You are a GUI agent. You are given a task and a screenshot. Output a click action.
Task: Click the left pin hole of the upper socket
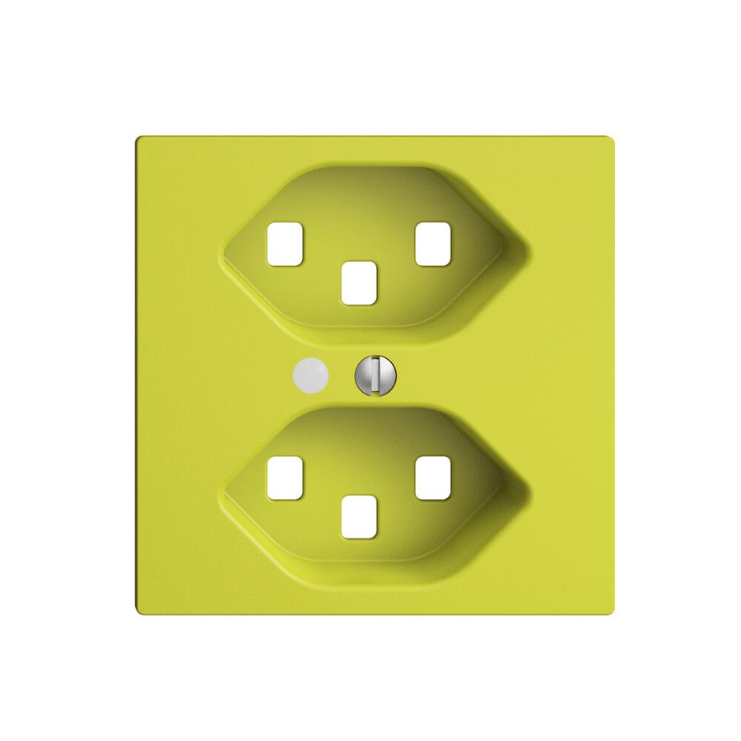coord(285,244)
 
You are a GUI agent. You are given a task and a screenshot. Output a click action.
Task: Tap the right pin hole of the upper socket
coord(432,244)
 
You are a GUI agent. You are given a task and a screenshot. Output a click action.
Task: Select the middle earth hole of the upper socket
coord(359,282)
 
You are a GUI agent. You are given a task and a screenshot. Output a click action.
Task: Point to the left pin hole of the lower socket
coord(285,478)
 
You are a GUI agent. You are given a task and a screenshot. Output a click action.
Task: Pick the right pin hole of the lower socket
coord(432,478)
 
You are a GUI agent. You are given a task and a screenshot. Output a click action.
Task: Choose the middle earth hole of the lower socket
coord(359,517)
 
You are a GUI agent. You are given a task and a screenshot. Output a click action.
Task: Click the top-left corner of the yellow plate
coord(137,138)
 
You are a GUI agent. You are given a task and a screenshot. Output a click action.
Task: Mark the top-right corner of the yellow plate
coord(613,138)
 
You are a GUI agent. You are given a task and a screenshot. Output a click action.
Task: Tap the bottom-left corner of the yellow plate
coord(137,613)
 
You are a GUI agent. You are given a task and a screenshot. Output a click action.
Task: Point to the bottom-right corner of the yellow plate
coord(613,613)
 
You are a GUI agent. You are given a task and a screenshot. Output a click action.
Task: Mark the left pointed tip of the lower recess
coord(222,483)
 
